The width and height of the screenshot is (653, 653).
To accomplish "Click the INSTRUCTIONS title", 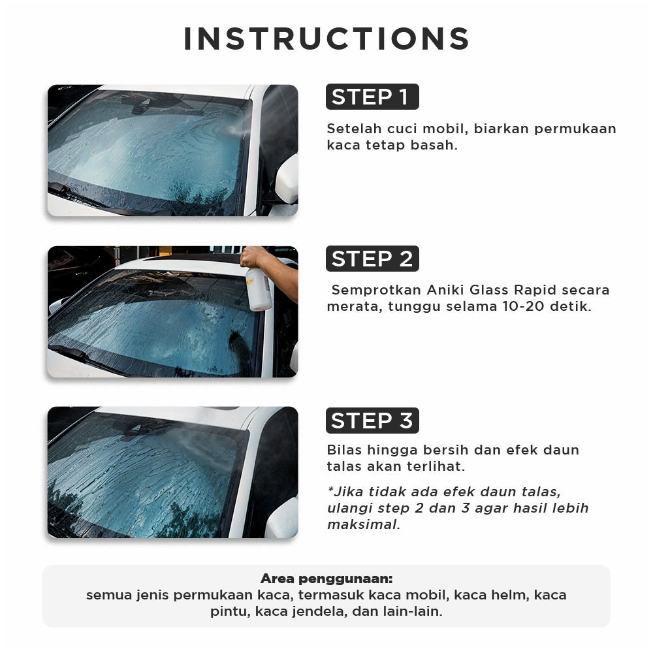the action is click(x=326, y=39).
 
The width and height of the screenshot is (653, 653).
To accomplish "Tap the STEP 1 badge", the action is click(x=372, y=97).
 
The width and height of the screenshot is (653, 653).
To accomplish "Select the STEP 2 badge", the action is click(x=372, y=259).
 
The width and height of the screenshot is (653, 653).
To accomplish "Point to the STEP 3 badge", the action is click(x=372, y=420).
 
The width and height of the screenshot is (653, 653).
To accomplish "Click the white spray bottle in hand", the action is click(x=258, y=289).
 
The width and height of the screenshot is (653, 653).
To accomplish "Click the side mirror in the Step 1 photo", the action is click(x=287, y=179).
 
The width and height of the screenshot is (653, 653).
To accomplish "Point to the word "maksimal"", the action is click(x=364, y=525).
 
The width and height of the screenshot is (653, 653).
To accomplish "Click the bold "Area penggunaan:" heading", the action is click(x=326, y=579).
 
